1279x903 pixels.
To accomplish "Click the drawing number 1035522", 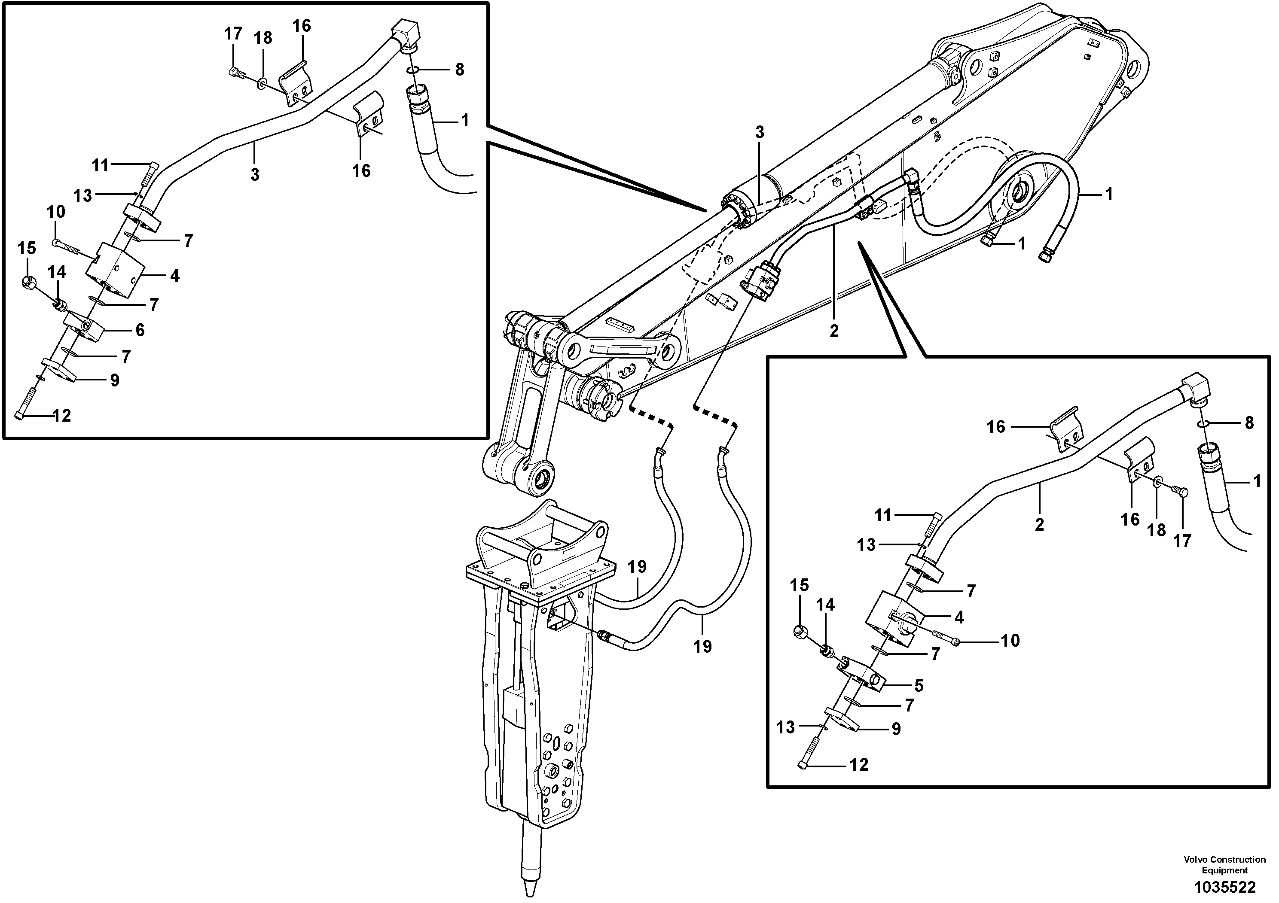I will (x=1224, y=886).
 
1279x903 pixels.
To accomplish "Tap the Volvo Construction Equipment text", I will (x=1224, y=865).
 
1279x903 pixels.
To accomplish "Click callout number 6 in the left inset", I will (x=140, y=330).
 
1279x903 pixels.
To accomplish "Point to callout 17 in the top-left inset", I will (x=233, y=34).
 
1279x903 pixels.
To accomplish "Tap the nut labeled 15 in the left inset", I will (x=28, y=283).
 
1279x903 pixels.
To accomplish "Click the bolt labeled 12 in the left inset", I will (x=25, y=402).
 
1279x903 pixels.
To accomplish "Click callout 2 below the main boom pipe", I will (x=833, y=331).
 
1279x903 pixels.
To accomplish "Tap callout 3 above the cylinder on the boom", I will (x=759, y=133).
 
